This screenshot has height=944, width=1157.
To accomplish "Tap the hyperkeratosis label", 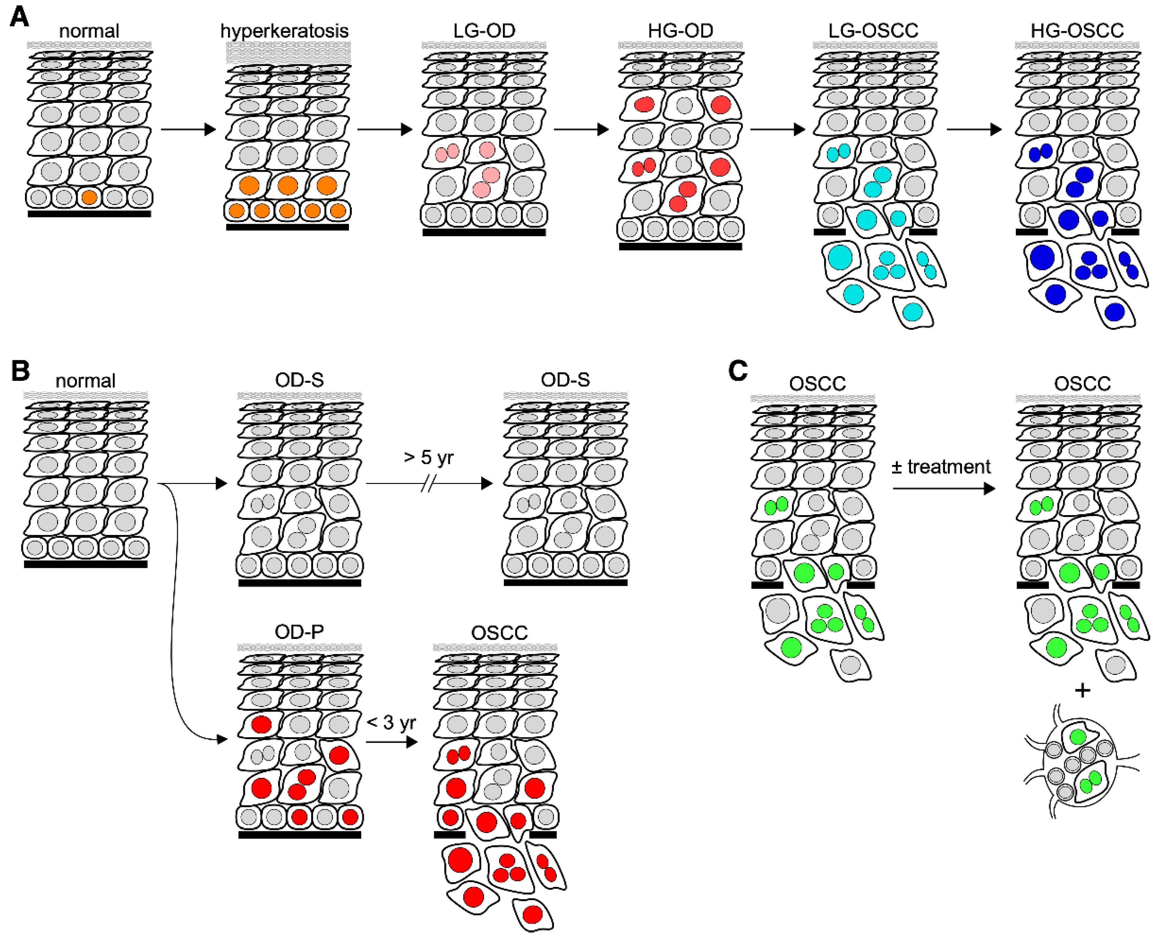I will (x=285, y=31).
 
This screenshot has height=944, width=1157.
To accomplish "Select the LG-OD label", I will (x=484, y=31).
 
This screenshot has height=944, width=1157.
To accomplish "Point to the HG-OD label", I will (x=680, y=31).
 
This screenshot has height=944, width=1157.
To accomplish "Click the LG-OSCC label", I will (x=873, y=31).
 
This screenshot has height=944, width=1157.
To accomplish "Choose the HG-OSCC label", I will (x=1077, y=31).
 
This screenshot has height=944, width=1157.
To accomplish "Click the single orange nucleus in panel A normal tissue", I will (x=89, y=197).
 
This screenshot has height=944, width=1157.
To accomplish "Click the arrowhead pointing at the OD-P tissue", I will (x=222, y=739).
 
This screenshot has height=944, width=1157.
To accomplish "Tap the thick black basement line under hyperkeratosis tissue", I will (x=287, y=227).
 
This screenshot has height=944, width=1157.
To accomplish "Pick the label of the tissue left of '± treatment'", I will (x=817, y=384).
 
